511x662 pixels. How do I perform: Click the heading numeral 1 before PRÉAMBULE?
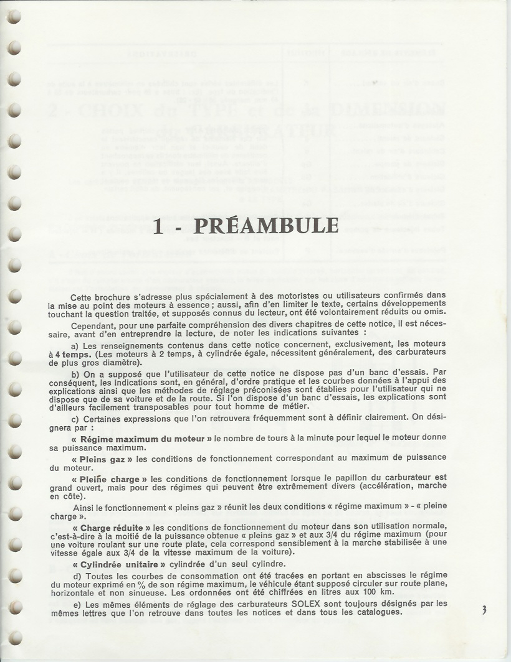pos(158,225)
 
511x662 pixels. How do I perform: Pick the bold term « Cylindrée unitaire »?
pos(119,564)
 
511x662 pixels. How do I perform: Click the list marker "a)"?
pos(75,344)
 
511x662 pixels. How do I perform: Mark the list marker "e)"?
pos(75,603)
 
